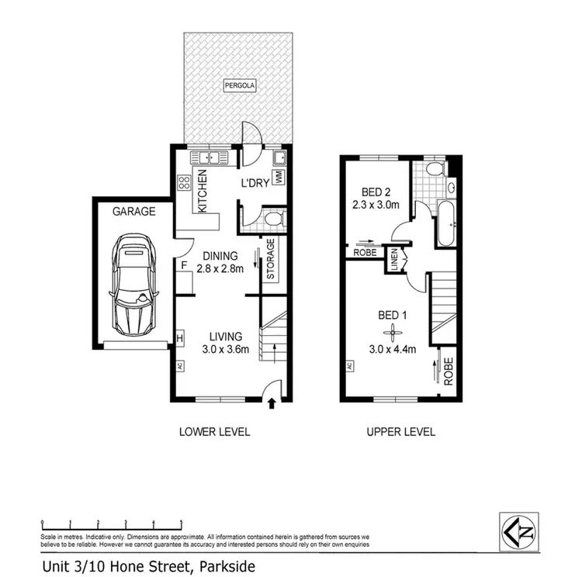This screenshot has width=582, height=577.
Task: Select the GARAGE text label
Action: coord(134,211)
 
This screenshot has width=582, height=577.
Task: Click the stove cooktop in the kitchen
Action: coord(185,184)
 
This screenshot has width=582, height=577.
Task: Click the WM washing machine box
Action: coord(277,177)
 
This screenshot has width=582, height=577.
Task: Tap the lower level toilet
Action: coord(272,219)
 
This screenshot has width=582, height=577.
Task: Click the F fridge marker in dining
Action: coord(184,265)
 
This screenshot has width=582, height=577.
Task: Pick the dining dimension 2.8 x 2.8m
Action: coord(221,269)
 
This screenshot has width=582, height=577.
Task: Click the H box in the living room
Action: coord(179,338)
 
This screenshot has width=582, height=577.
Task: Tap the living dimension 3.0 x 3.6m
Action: coord(226,349)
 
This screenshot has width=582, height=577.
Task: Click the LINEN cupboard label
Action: coord(394,259)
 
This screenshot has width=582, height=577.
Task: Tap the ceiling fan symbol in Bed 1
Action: coord(395,333)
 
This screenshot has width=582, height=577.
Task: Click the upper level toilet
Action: coord(436,168)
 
